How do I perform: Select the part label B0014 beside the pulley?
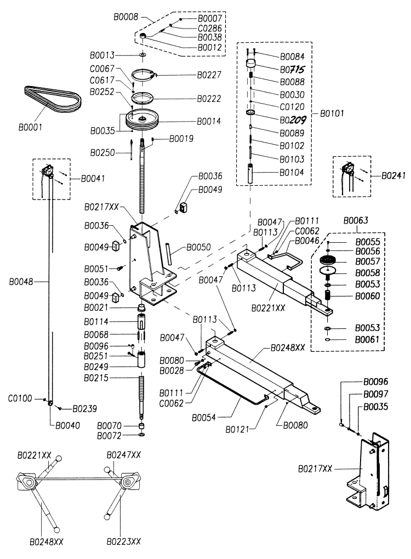tap(209, 121)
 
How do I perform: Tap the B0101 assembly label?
tap(332, 113)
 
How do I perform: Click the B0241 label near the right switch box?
tap(393, 175)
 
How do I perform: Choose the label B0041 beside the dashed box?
tap(93, 178)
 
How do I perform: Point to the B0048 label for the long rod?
tap(21, 282)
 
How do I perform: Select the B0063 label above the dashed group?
tap(356, 220)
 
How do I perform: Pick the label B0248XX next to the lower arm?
tap(288, 347)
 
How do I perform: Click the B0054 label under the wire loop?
tap(203, 418)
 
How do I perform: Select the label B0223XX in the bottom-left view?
tap(124, 541)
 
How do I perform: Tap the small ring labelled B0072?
tap(141, 435)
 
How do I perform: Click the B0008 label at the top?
tap(125, 17)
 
